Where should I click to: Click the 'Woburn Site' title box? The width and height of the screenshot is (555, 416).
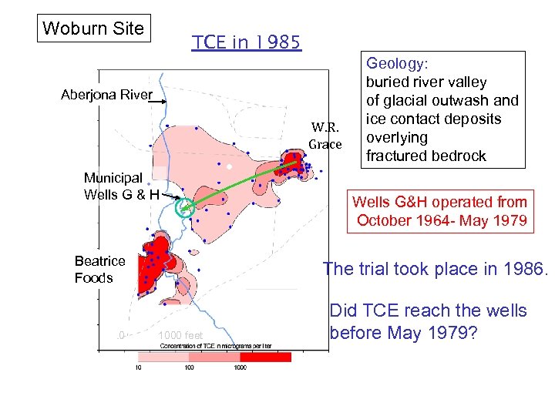pyautogui.click(x=93, y=29)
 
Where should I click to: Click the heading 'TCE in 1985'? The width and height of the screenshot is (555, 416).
pyautogui.click(x=247, y=42)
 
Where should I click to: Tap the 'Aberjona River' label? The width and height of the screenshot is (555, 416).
pyautogui.click(x=107, y=96)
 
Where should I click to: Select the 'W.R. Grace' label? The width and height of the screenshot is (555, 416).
pyautogui.click(x=325, y=136)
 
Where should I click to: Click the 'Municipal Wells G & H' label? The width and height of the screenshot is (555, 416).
pyautogui.click(x=121, y=186)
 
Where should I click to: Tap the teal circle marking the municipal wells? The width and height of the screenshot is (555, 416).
pyautogui.click(x=185, y=206)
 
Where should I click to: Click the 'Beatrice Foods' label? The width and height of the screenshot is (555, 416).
pyautogui.click(x=99, y=270)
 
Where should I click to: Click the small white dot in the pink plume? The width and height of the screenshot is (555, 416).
pyautogui.click(x=229, y=166)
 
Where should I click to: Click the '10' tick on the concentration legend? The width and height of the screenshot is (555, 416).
pyautogui.click(x=139, y=367)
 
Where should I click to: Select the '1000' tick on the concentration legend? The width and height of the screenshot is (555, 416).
pyautogui.click(x=240, y=367)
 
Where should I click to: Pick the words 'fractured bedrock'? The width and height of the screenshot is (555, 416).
pyautogui.click(x=425, y=156)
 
